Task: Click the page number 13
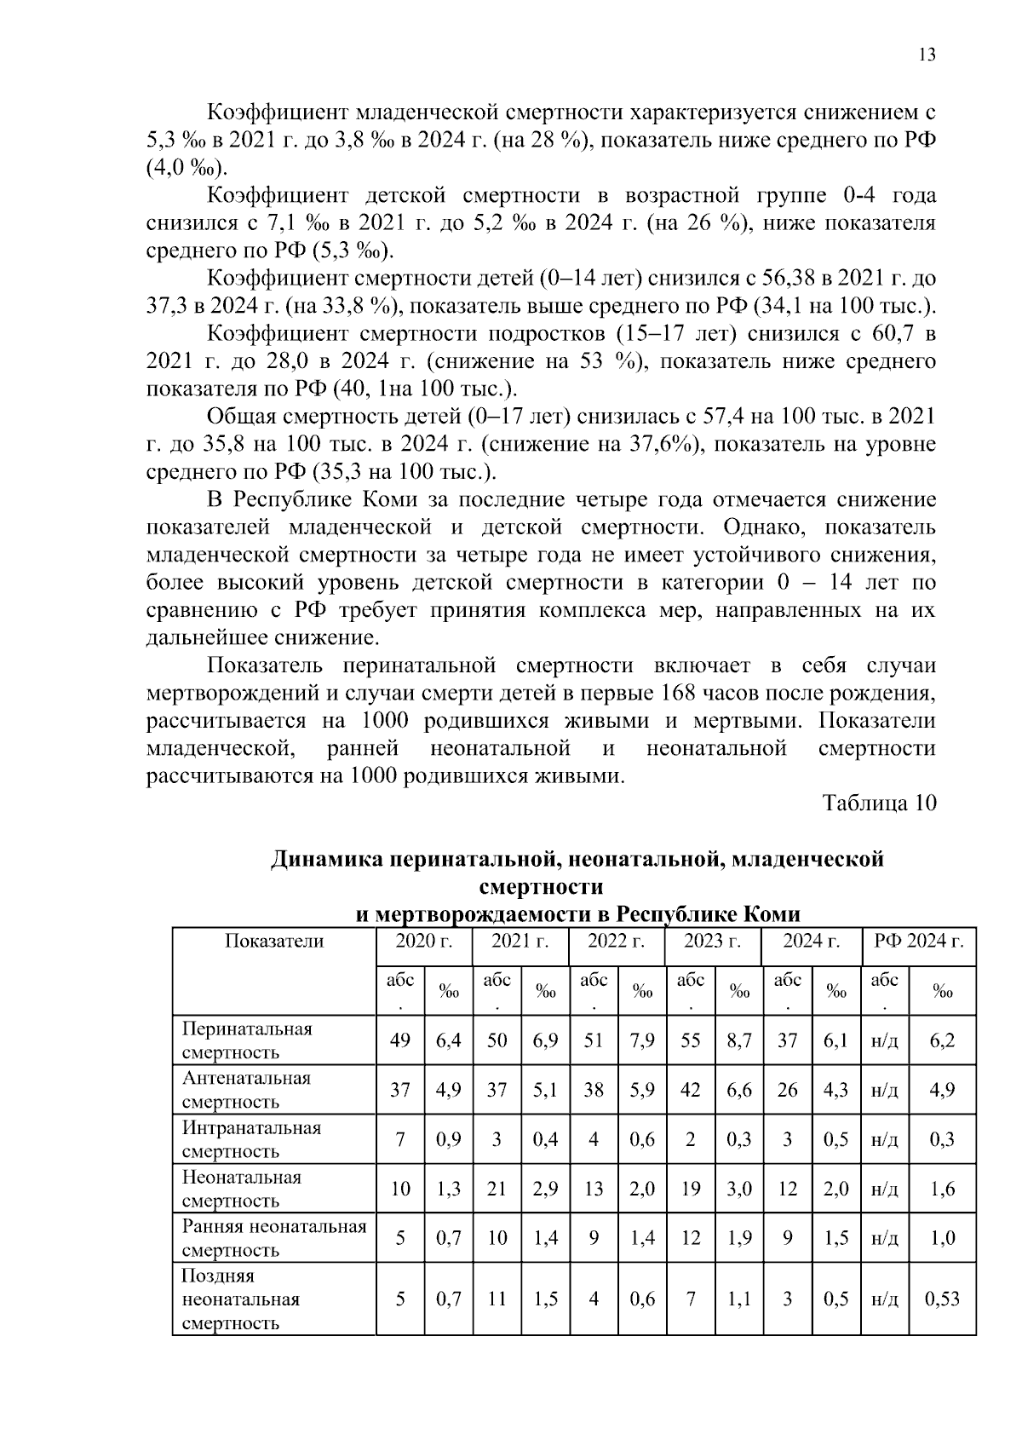pyautogui.click(x=927, y=55)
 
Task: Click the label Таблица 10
pyautogui.click(x=879, y=804)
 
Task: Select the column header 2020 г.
pyautogui.click(x=423, y=942)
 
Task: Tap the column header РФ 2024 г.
pyautogui.click(x=919, y=942)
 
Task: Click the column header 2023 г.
pyautogui.click(x=713, y=942)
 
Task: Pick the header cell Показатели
pyautogui.click(x=274, y=942)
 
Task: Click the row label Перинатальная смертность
pyautogui.click(x=247, y=1040)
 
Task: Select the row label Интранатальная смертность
pyautogui.click(x=251, y=1139)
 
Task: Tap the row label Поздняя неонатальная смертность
pyautogui.click(x=240, y=1299)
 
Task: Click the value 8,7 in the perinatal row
pyautogui.click(x=739, y=1040)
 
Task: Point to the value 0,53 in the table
pyautogui.click(x=942, y=1299)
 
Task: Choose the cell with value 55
pyautogui.click(x=690, y=1040)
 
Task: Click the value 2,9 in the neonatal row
pyautogui.click(x=545, y=1189)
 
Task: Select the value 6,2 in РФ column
pyautogui.click(x=942, y=1040)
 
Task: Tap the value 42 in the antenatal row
pyautogui.click(x=690, y=1090)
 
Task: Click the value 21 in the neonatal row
pyautogui.click(x=497, y=1189)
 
